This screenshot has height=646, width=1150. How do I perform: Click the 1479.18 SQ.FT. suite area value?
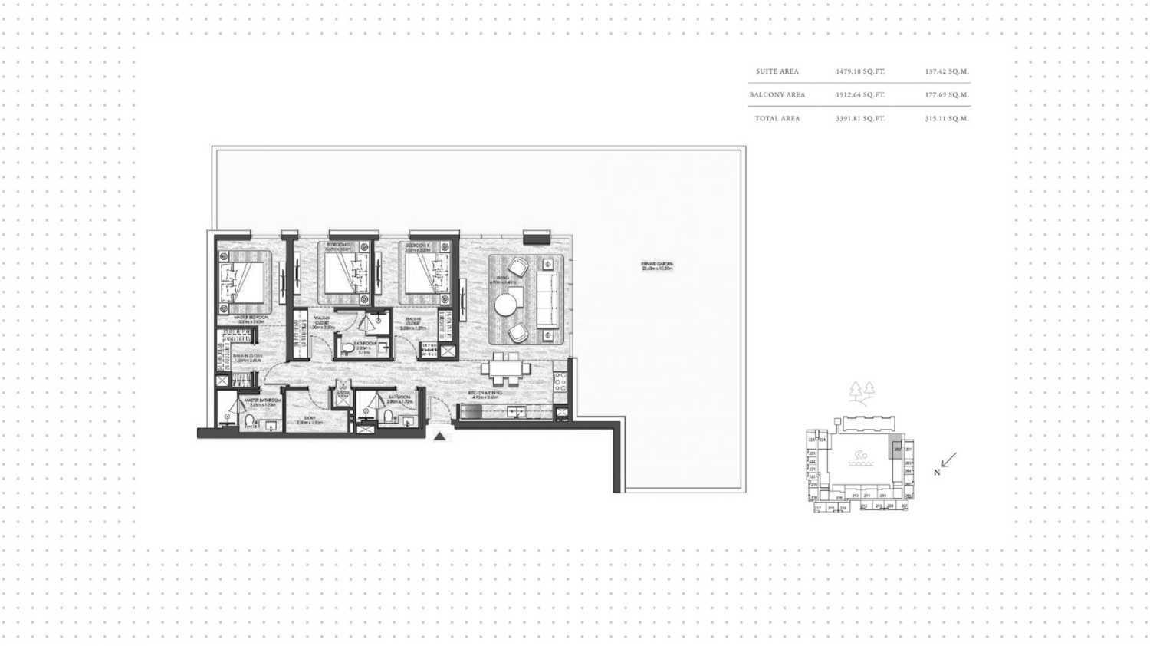coord(860,71)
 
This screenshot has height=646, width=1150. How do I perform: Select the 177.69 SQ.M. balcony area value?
coord(947,95)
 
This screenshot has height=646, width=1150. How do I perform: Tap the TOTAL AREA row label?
coord(777,119)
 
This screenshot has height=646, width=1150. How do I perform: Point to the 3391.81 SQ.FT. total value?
coord(860,119)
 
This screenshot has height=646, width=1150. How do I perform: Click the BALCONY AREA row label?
coord(777,95)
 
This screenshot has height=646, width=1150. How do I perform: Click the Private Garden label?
coord(657,267)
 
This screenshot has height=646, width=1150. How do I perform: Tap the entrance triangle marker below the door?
coord(439,436)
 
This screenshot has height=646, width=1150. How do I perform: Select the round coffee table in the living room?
coord(505,305)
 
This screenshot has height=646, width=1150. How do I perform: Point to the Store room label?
coord(310,420)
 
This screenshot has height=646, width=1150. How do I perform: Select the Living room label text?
coord(502,279)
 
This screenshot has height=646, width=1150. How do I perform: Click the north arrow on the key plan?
coord(948,460)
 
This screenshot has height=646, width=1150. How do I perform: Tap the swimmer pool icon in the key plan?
coord(859,459)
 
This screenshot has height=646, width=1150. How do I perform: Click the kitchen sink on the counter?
coord(516,412)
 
